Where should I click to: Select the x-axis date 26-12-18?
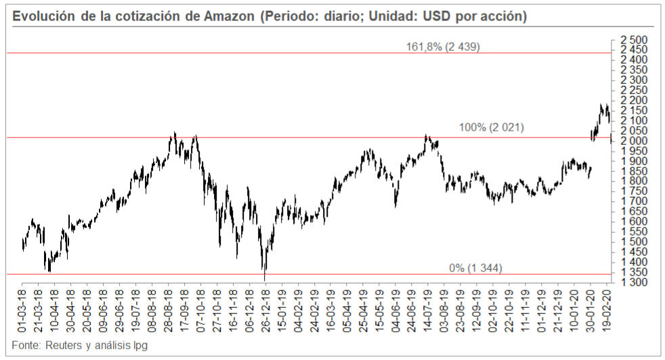tap(265, 310)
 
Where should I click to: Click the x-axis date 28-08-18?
tap(169, 310)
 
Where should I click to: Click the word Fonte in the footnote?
tap(25, 345)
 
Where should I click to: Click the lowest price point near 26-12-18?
tap(265, 279)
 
